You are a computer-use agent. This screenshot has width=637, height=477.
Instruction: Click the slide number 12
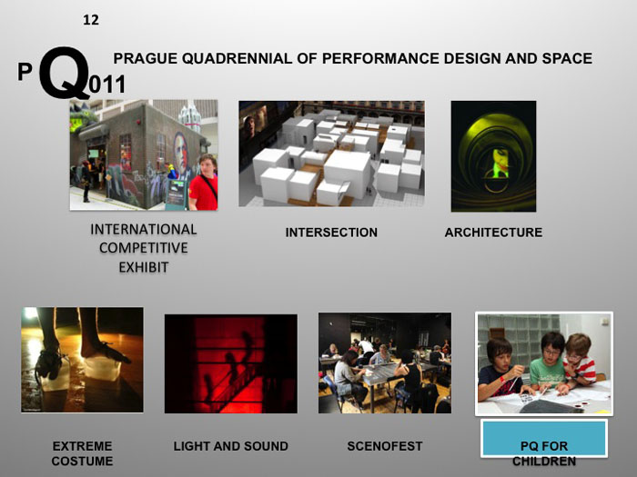click(90, 20)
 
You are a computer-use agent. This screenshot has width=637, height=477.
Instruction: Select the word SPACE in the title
click(566, 59)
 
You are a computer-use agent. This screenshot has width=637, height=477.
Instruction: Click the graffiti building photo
click(143, 155)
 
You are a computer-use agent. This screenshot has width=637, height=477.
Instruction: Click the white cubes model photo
click(331, 154)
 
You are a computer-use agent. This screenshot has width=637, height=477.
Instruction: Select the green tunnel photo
click(493, 156)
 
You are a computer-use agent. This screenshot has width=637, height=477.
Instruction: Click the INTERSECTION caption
click(331, 233)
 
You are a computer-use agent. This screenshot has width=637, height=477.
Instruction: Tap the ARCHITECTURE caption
click(493, 233)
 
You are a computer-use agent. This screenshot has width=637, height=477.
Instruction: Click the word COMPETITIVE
click(144, 248)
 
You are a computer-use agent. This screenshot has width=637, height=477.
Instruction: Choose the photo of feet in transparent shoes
click(82, 360)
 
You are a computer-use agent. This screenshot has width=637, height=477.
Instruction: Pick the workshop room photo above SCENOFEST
click(384, 363)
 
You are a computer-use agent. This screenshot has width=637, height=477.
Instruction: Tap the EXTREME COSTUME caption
click(82, 453)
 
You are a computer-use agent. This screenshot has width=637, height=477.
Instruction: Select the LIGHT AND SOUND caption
click(230, 446)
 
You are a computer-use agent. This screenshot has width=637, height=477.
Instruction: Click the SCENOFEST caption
click(385, 446)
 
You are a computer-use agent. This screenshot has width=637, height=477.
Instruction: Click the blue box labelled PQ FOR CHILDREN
click(543, 440)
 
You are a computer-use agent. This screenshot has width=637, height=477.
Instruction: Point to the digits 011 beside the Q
click(107, 86)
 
